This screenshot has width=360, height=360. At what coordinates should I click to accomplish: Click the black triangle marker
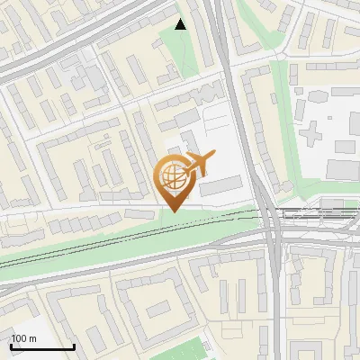(181, 24)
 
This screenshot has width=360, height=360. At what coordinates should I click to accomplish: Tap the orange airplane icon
(197, 163)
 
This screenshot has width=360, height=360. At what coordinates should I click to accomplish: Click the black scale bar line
(42, 347)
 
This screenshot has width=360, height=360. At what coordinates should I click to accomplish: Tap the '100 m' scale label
(23, 338)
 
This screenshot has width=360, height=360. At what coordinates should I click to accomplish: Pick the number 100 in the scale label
(19, 338)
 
